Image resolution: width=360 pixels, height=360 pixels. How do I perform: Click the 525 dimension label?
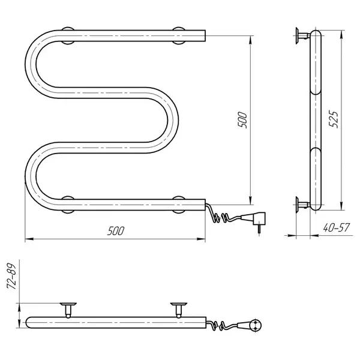pyautogui.click(x=334, y=119)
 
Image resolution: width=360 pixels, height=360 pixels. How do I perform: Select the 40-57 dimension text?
pyautogui.click(x=336, y=228)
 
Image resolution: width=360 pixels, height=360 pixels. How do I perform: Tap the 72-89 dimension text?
pyautogui.click(x=11, y=276)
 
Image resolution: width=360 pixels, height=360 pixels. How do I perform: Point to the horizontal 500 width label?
pyautogui.click(x=116, y=231)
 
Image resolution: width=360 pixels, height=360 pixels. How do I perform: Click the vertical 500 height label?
pyautogui.click(x=242, y=120)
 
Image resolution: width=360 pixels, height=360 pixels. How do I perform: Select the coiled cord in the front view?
pyautogui.click(x=220, y=215)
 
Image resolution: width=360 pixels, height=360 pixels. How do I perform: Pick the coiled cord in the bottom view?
pyautogui.click(x=220, y=325)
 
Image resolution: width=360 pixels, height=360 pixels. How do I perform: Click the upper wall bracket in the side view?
pyautogui.click(x=302, y=35)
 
